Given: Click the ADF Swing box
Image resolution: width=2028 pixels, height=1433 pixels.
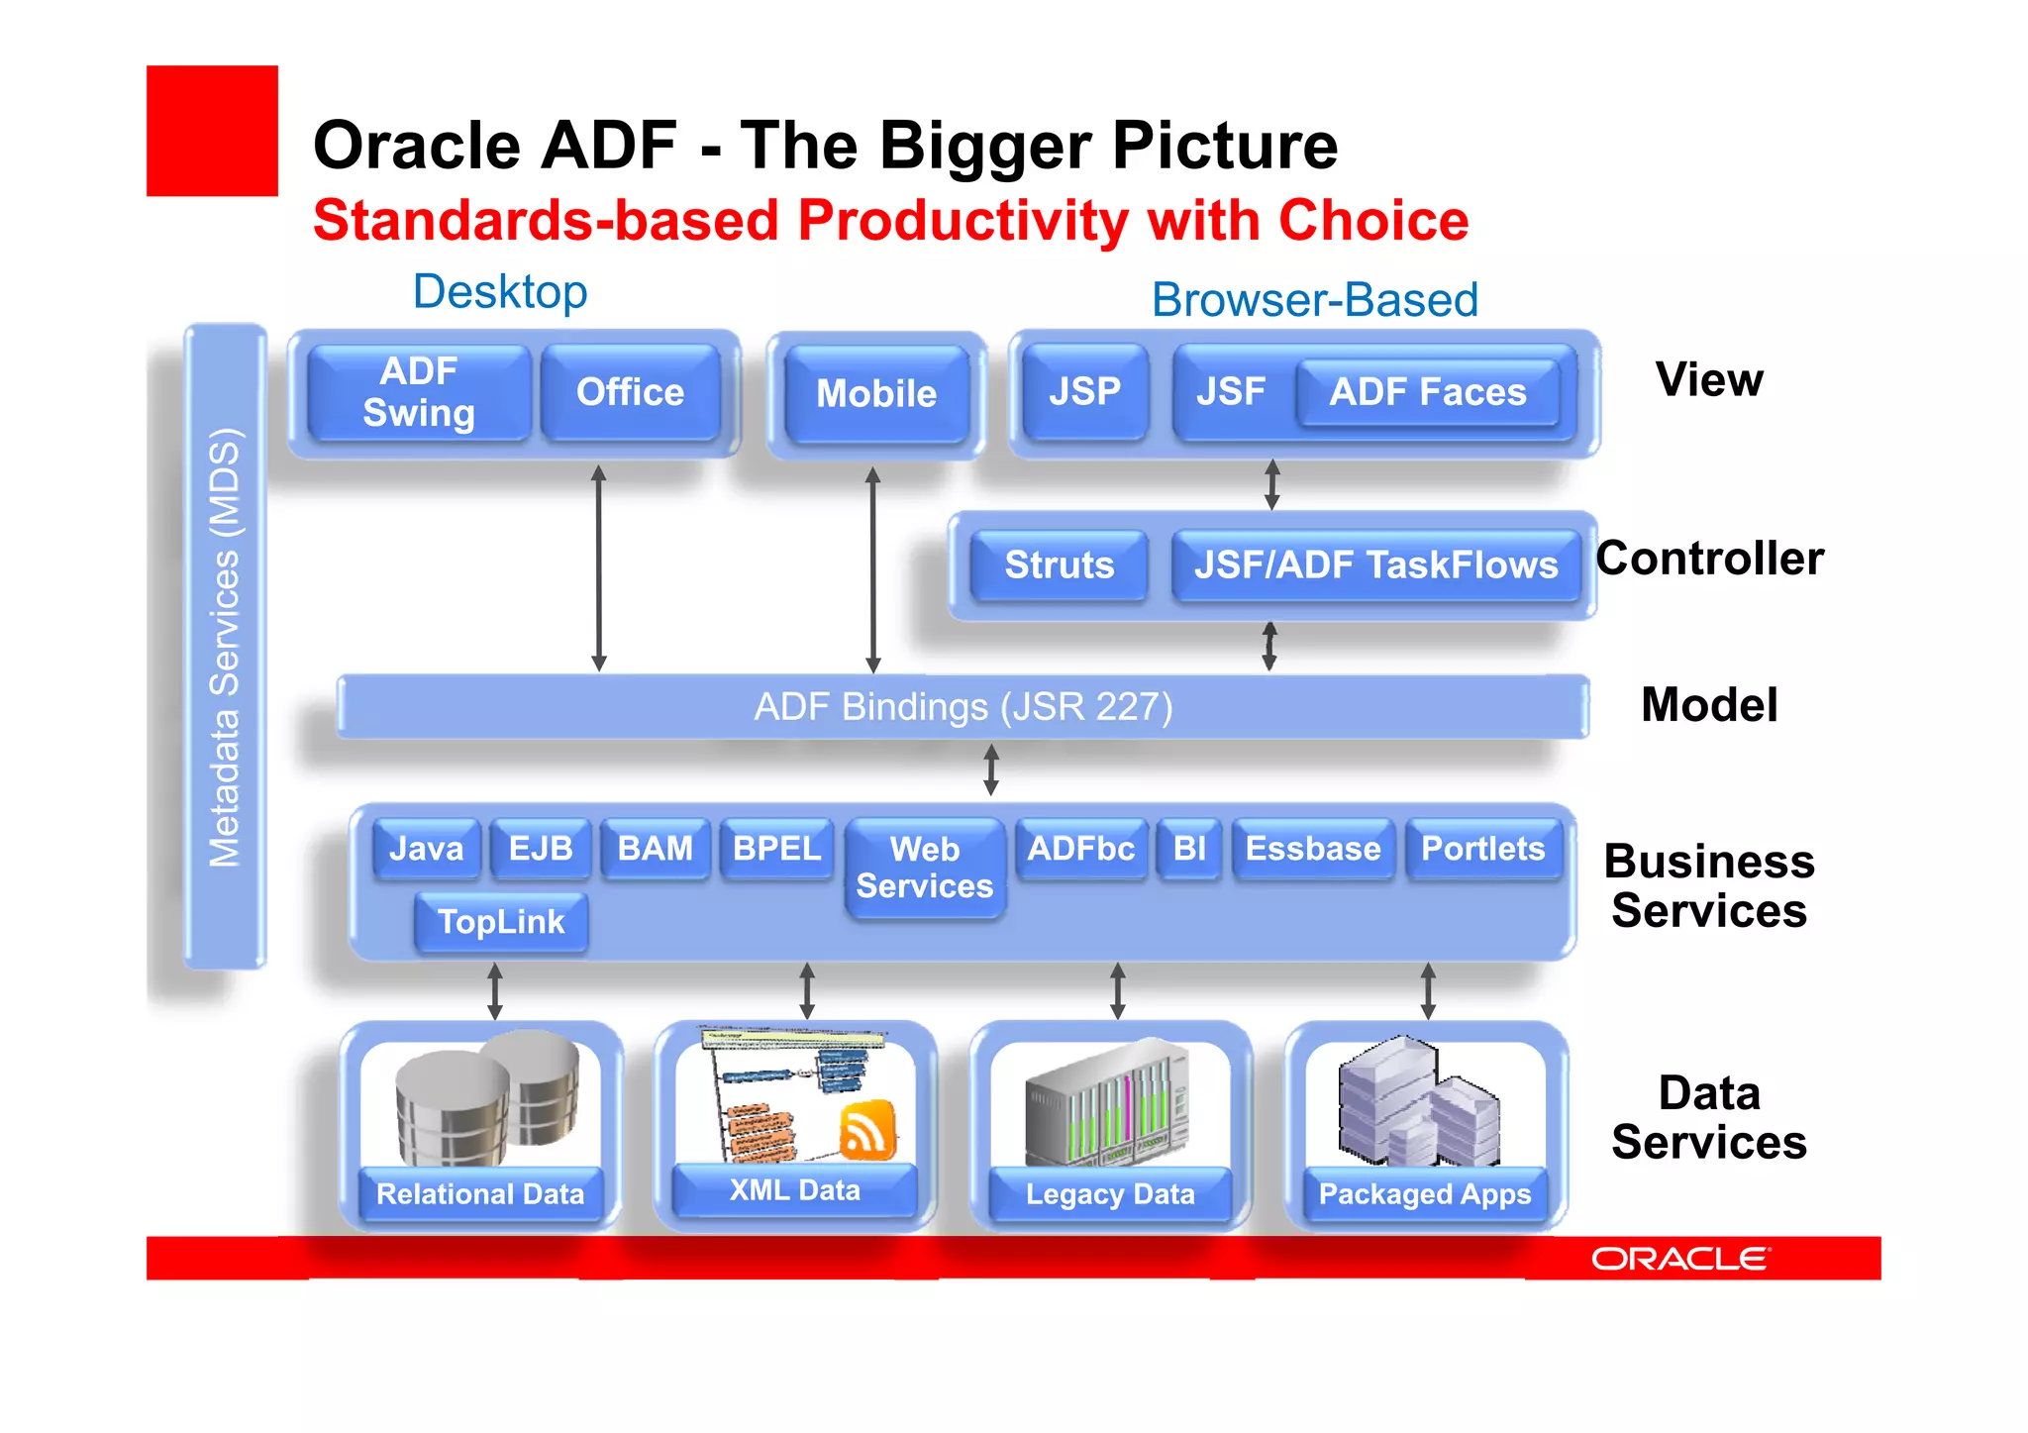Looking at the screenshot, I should point(419,392).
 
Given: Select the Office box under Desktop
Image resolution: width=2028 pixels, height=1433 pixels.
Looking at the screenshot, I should point(631,392).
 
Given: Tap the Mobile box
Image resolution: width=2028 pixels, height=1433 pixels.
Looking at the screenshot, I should point(876,394).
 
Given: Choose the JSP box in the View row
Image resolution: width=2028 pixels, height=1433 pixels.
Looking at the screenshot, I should point(1085,392).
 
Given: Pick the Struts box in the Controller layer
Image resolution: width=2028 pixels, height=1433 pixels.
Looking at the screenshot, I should point(1059,565).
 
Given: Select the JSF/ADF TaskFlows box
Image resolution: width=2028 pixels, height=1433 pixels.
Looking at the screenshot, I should point(1375,565).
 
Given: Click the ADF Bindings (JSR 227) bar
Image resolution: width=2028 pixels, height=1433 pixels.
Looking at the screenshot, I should point(963,707).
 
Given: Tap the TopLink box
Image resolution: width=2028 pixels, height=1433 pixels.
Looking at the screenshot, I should point(501,922).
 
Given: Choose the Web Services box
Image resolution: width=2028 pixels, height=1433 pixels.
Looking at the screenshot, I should point(925,868).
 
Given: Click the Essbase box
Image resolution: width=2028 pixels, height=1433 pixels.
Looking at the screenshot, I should point(1313,849).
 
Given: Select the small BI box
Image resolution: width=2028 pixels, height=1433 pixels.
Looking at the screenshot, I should point(1189,849).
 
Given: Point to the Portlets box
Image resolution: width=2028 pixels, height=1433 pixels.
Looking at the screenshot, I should point(1482,849).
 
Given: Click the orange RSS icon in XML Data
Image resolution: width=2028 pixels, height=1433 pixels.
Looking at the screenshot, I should point(867,1129).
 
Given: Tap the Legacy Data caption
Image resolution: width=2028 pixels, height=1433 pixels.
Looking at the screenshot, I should point(1110,1194).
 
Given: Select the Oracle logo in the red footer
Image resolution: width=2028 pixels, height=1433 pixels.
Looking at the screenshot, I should point(1679,1259).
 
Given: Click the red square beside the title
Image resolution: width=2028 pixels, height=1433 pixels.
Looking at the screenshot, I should point(212,131).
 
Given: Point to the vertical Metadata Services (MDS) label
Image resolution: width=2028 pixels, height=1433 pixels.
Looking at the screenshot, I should point(225,648).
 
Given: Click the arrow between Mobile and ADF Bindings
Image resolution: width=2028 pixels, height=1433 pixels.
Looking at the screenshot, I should point(872,570).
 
